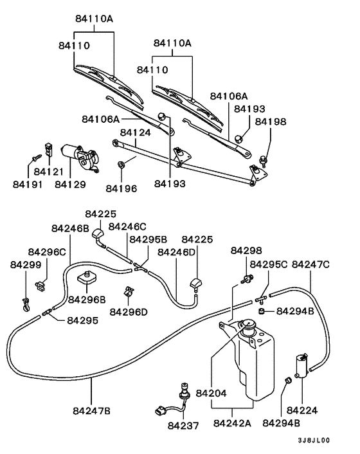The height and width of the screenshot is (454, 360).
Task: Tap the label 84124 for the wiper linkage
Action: coord(135,132)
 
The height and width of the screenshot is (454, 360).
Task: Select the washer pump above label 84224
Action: coord(300,365)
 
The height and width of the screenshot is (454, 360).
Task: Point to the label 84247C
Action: coord(310,264)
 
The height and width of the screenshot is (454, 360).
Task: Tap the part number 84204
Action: coord(212,392)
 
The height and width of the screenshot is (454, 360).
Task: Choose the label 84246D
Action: coord(177,252)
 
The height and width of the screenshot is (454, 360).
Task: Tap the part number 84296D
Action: coord(129,311)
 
